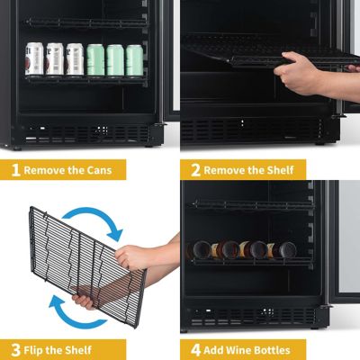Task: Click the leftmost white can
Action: [34, 59]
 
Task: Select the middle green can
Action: [116, 60]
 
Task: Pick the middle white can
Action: [55, 59]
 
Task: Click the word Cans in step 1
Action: [104, 169]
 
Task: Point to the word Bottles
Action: [279, 349]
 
